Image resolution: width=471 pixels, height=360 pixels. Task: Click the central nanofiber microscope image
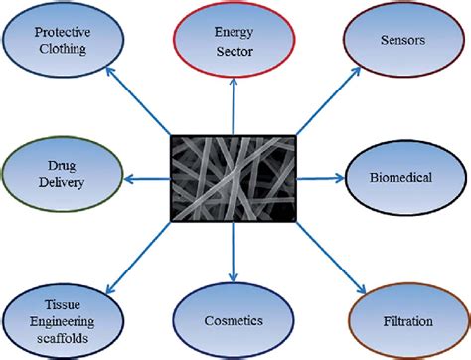pos(232,180)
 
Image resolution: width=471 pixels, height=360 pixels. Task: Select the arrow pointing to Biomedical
pos(319,180)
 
